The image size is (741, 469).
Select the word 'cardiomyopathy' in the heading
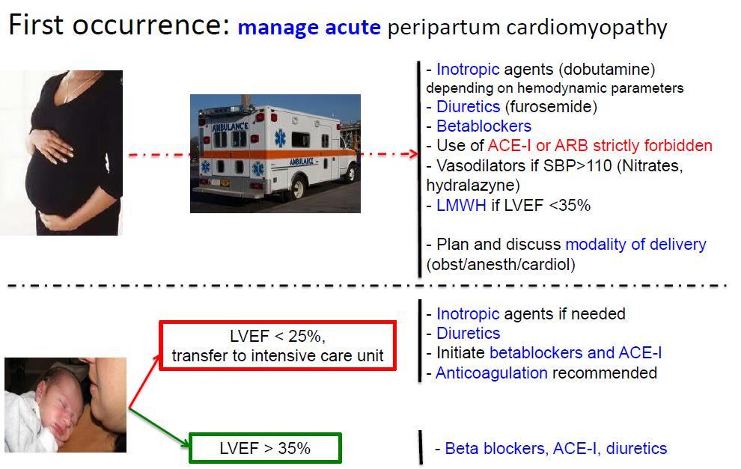pos(587,28)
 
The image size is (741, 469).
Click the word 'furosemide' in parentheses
pos(551,107)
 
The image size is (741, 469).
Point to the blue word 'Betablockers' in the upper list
pos(484,126)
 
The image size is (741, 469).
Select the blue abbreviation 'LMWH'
pos(461,206)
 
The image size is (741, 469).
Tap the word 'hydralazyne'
pos(471,186)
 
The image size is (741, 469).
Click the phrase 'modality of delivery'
pos(635,244)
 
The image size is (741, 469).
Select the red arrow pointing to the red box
pos(144,381)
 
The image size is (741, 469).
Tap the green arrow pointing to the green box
pos(159,427)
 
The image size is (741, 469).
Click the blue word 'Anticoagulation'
pos(492,373)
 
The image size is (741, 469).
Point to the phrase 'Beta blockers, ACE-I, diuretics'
pos(555,448)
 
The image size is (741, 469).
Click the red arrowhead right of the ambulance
pos(413,153)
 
